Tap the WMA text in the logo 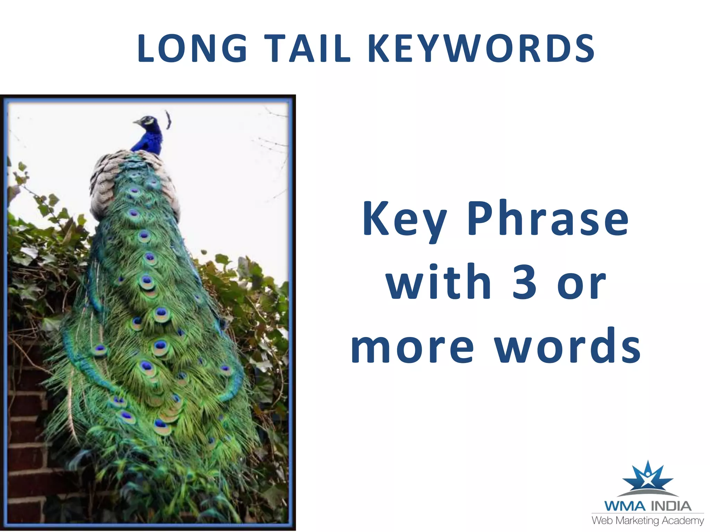tap(625, 506)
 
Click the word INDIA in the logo tap(671, 506)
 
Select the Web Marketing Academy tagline tap(647, 521)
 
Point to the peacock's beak tap(137, 122)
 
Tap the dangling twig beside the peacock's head tap(168, 119)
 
